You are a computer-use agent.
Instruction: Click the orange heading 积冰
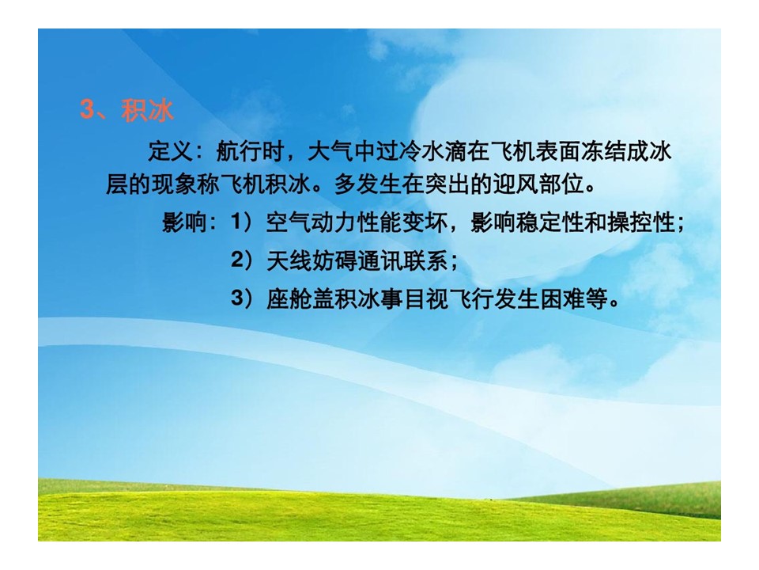tap(148, 111)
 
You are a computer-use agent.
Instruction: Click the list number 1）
tap(243, 222)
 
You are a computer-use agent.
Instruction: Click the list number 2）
tap(243, 260)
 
